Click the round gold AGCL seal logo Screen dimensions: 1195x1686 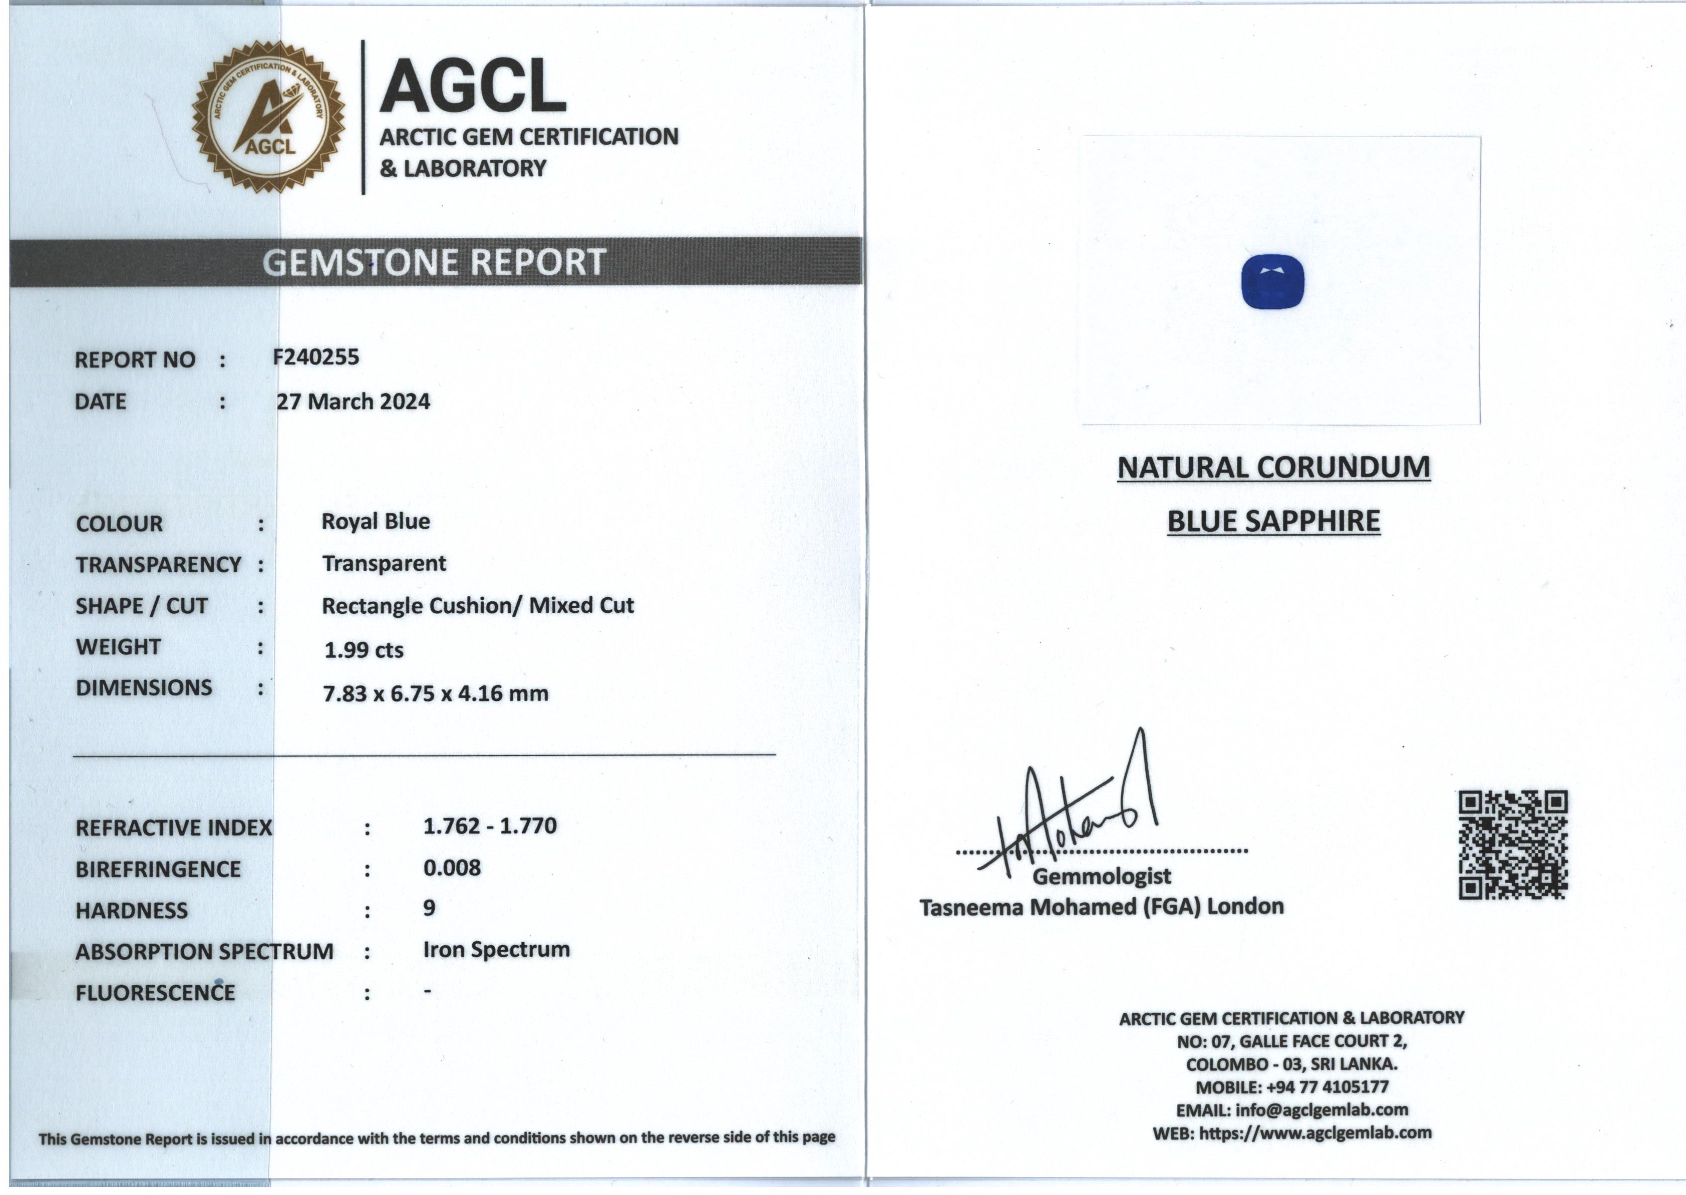point(268,117)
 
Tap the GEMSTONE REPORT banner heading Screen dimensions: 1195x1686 point(434,262)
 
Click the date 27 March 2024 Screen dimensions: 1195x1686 point(353,402)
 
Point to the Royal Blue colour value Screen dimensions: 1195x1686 point(376,522)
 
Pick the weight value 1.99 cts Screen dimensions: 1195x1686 point(364,650)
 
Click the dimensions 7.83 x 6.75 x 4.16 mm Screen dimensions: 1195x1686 point(436,693)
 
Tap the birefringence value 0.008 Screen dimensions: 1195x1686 point(452,868)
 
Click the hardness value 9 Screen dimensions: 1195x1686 point(429,908)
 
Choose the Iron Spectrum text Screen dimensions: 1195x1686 point(496,950)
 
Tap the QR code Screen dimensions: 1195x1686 point(1513,845)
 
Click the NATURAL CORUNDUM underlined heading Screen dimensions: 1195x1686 point(1273,468)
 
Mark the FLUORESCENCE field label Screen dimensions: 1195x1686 point(155,993)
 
